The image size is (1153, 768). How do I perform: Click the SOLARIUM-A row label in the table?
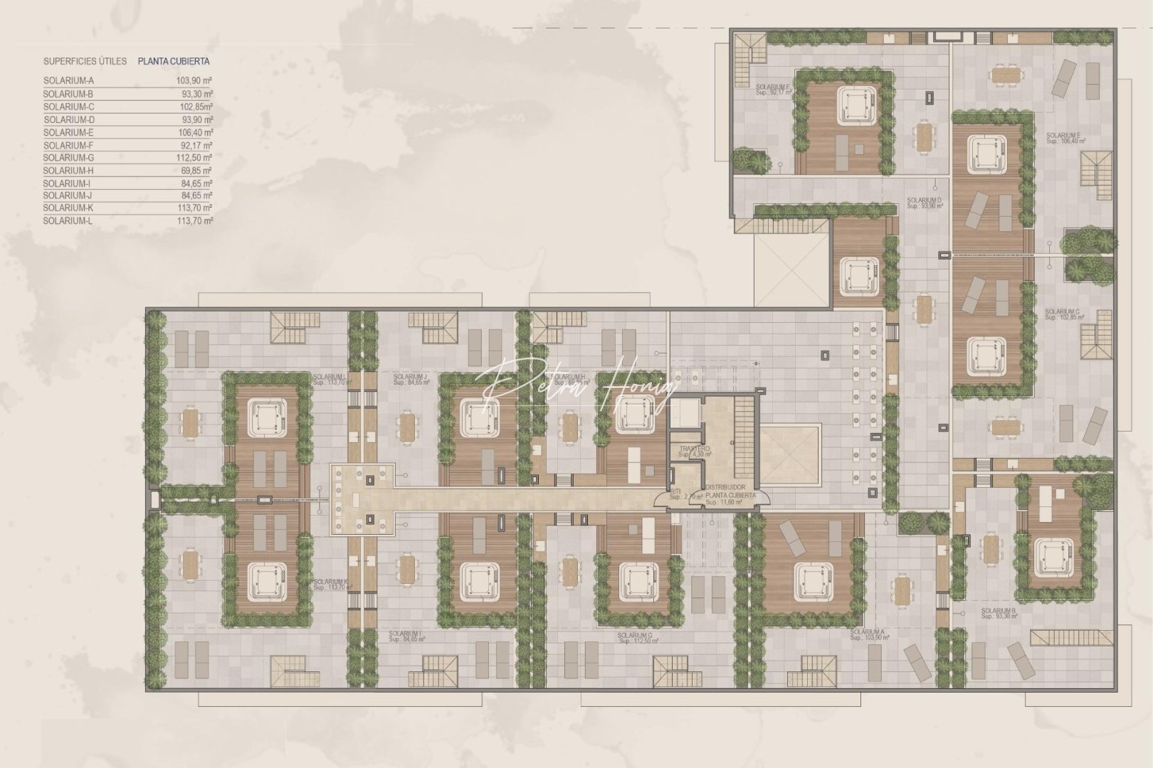68,81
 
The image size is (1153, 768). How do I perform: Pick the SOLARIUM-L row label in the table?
68,221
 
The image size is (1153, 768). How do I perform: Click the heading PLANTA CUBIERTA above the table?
174,62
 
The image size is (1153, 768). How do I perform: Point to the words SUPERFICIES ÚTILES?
85,62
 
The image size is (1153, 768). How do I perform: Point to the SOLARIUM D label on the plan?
925,203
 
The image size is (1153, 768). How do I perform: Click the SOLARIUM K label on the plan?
331,584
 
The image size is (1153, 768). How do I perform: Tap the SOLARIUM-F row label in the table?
68,145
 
